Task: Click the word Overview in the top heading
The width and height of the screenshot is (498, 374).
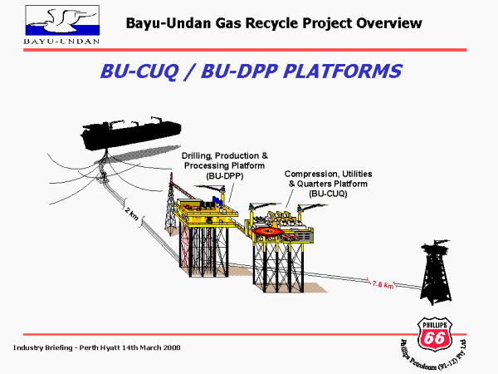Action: tap(374, 22)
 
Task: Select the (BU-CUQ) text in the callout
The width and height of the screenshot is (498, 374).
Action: tap(329, 193)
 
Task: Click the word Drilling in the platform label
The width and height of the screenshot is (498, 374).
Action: tap(197, 155)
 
